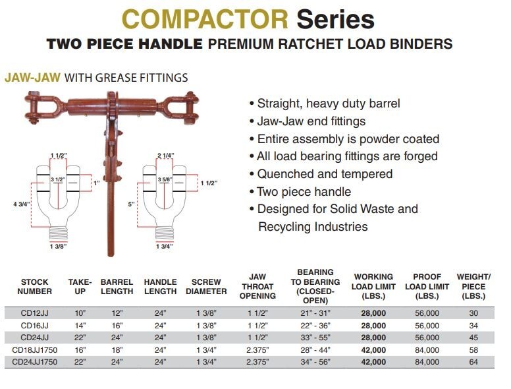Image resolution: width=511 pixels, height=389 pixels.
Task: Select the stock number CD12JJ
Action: click(35, 314)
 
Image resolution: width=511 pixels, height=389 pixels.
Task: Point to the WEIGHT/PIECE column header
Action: click(473, 286)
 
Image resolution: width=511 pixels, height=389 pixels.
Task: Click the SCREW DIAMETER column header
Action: click(205, 286)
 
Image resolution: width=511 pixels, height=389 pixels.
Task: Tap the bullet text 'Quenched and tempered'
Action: click(325, 174)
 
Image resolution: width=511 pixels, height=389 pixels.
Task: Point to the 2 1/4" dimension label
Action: click(165, 156)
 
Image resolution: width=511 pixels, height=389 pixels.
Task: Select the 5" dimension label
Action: click(132, 204)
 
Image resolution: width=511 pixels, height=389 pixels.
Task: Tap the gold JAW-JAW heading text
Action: click(33, 78)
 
